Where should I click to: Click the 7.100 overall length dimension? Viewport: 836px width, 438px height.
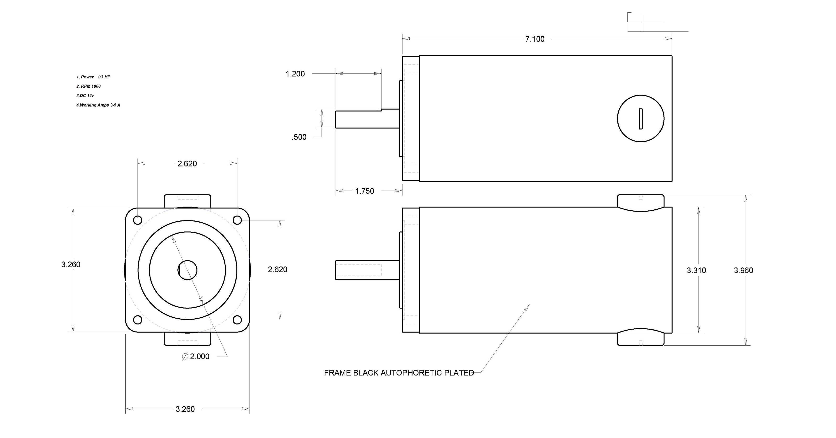pyautogui.click(x=535, y=39)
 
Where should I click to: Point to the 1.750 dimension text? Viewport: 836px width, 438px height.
pyautogui.click(x=364, y=191)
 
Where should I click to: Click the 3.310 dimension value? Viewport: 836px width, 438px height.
pyautogui.click(x=697, y=270)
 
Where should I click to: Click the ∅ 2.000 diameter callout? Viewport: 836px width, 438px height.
pyautogui.click(x=196, y=357)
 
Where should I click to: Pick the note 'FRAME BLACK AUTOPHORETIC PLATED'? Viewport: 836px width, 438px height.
pyautogui.click(x=399, y=373)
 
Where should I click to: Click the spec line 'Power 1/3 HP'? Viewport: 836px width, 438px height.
pyautogui.click(x=93, y=77)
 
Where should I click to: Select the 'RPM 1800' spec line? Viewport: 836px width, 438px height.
pyautogui.click(x=89, y=86)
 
